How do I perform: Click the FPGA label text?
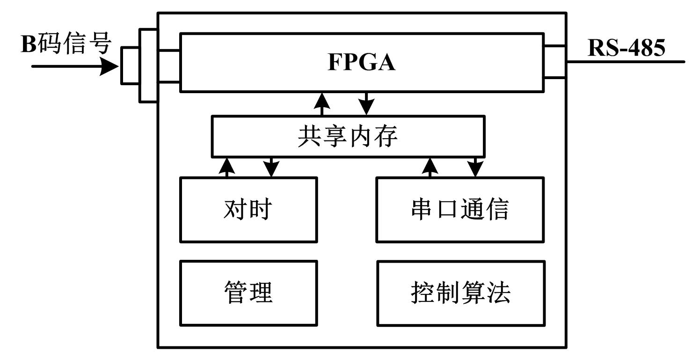pyautogui.click(x=361, y=63)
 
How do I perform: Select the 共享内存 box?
pyautogui.click(x=348, y=136)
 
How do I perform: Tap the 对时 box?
pyautogui.click(x=248, y=209)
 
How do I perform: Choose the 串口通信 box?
pyautogui.click(x=460, y=209)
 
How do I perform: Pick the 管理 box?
pyautogui.click(x=248, y=293)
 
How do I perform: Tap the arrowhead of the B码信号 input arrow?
pyautogui.click(x=110, y=66)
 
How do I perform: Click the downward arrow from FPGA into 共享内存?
pyautogui.click(x=366, y=103)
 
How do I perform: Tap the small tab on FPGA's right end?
pyautogui.click(x=555, y=61)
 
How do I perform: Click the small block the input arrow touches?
pyautogui.click(x=130, y=66)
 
